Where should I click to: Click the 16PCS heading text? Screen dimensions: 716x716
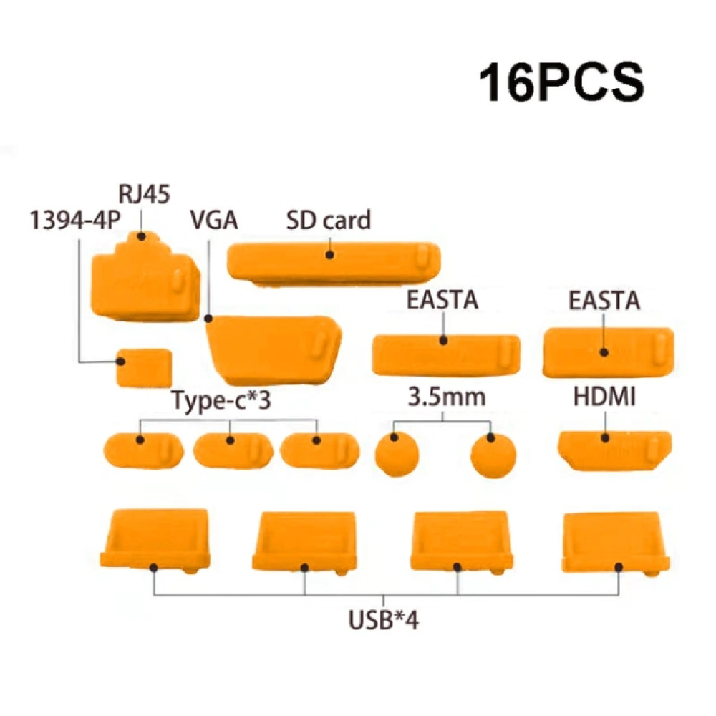tap(561, 82)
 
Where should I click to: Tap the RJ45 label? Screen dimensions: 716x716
tap(145, 194)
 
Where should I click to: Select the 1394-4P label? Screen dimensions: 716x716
tap(75, 220)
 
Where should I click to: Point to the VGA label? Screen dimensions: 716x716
tap(214, 220)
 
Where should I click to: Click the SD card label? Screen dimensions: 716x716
tap(329, 220)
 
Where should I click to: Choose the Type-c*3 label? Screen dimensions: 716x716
tap(221, 400)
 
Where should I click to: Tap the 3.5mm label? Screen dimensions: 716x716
tap(447, 397)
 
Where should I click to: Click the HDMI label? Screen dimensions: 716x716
tap(604, 397)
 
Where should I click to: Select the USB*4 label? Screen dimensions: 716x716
tap(383, 619)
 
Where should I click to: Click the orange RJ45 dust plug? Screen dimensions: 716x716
tap(145, 279)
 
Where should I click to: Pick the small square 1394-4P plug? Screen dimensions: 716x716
tap(145, 368)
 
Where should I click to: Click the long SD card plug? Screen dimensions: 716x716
tap(334, 263)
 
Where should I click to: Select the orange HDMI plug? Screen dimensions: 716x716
tap(614, 450)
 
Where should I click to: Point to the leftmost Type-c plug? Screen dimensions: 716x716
tap(143, 450)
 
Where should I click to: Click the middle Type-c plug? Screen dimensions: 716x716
tap(233, 451)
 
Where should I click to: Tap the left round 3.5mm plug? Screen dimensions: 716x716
tap(397, 455)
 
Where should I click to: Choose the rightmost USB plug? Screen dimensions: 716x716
tap(615, 543)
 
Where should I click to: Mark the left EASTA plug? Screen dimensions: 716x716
tap(447, 356)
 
